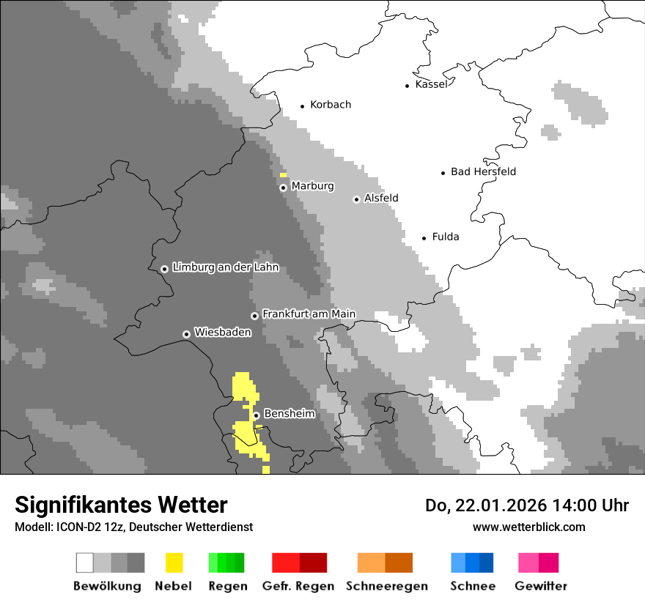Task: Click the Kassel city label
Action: (x=431, y=84)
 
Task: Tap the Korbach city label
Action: (x=331, y=105)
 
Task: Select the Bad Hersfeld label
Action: (x=483, y=171)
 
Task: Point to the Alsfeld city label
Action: (x=381, y=199)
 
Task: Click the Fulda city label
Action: (x=446, y=237)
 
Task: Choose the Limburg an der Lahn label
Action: (x=225, y=267)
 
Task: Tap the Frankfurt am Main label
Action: (x=309, y=314)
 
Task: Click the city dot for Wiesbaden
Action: (x=186, y=334)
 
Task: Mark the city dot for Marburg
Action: (x=283, y=188)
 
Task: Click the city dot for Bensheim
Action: (x=256, y=415)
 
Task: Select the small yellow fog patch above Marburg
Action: (x=283, y=175)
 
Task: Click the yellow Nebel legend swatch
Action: (x=174, y=563)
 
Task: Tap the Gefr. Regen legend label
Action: (x=298, y=586)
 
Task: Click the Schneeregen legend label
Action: (x=386, y=586)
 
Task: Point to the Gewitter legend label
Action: (x=541, y=586)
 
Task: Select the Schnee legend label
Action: (x=472, y=586)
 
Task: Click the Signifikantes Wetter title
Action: (x=121, y=505)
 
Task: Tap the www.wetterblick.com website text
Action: (x=528, y=527)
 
